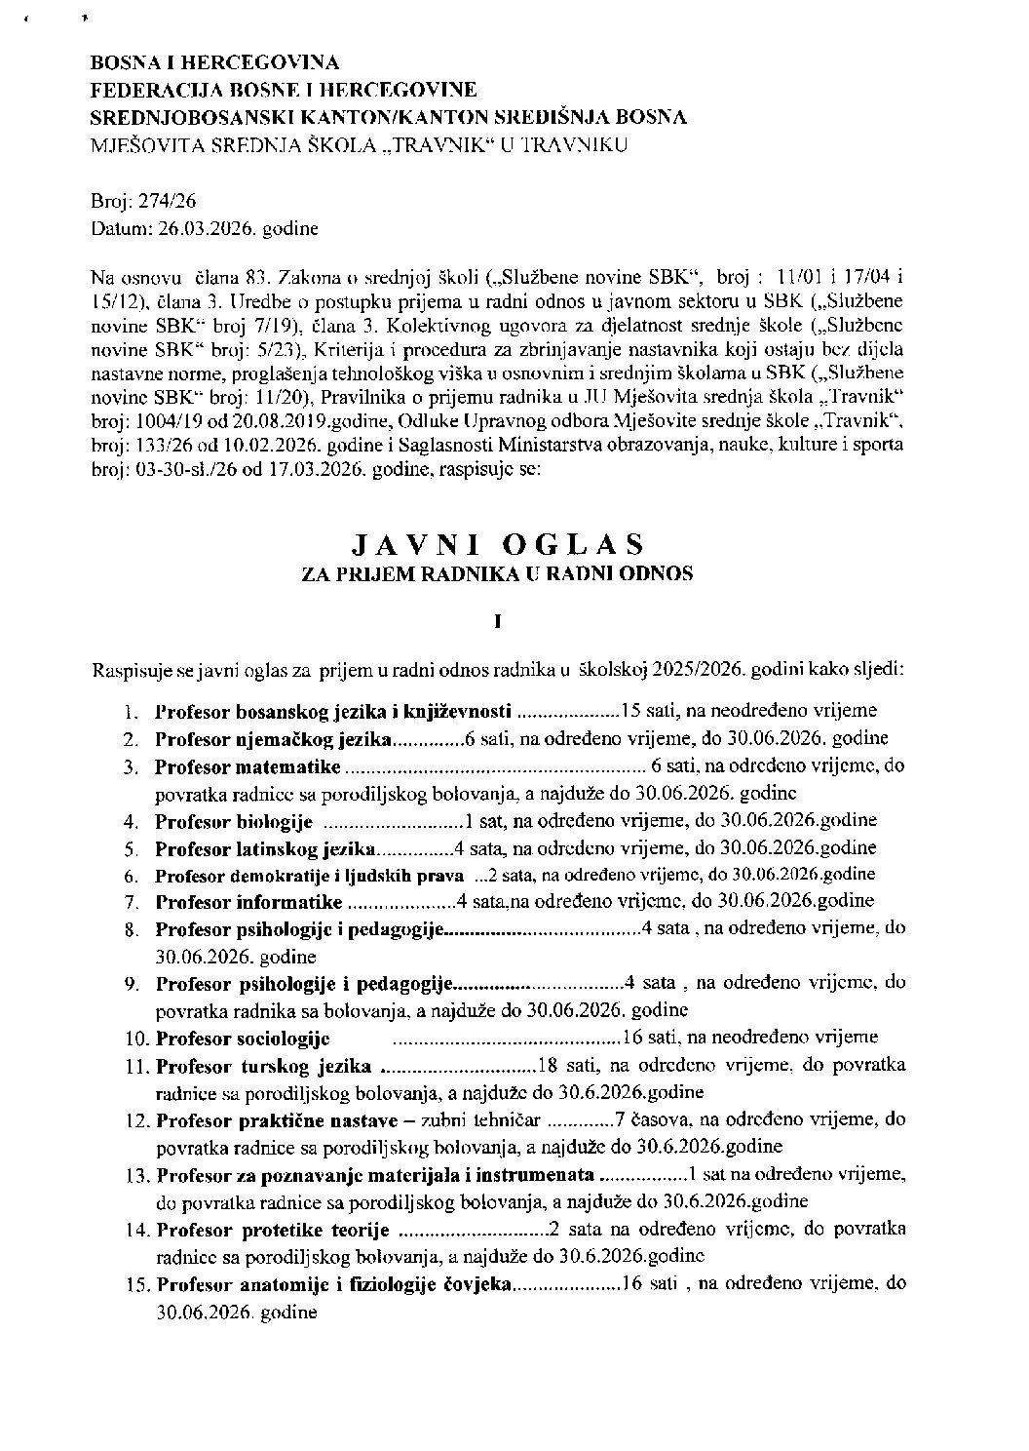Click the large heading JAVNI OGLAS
(x=498, y=543)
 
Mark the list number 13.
(x=136, y=1174)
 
